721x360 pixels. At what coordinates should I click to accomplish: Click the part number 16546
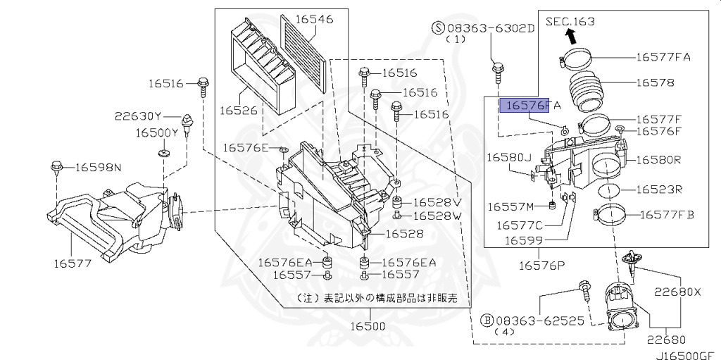click(314, 19)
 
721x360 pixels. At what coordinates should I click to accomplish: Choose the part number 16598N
click(98, 167)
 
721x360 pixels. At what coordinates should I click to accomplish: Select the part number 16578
click(655, 82)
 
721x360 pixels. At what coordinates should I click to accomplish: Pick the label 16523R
click(660, 190)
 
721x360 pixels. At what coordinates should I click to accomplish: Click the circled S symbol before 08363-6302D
click(438, 27)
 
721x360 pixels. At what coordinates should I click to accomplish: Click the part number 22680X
click(676, 291)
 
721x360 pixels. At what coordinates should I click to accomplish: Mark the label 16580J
click(509, 159)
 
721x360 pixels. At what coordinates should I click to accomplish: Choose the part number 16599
click(523, 240)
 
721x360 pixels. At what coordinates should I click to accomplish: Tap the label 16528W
click(437, 216)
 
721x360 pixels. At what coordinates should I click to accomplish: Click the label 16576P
click(542, 265)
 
